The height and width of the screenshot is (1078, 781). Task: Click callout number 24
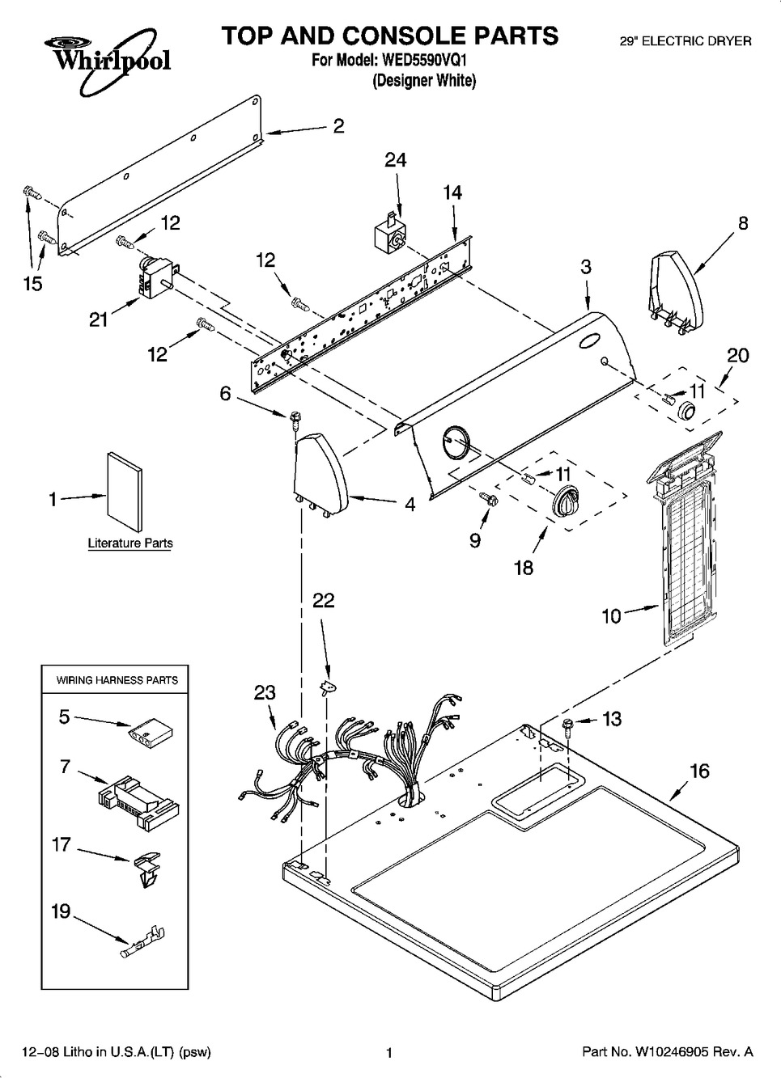pyautogui.click(x=395, y=160)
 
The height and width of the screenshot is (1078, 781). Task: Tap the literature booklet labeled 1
pyautogui.click(x=123, y=494)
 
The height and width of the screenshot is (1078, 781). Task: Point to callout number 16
pyautogui.click(x=698, y=771)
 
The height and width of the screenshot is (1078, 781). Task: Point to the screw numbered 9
pyautogui.click(x=488, y=499)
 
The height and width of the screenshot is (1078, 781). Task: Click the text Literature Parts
pyautogui.click(x=130, y=543)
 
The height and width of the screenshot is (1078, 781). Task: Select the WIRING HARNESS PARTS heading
pyautogui.click(x=117, y=680)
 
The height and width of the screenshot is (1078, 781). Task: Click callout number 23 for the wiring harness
pyautogui.click(x=265, y=692)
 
